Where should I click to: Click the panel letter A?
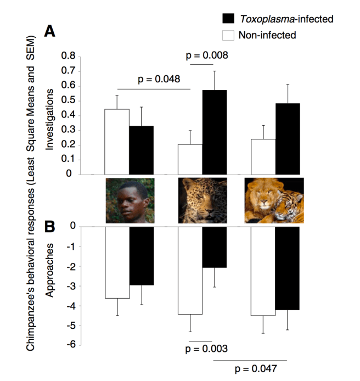pos(50,31)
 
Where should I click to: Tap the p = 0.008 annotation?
pos(207,55)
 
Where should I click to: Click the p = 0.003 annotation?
pos(207,349)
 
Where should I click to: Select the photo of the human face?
pos(130,200)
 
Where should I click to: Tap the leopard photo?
pos(202,200)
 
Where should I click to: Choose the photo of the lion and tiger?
pos(274,200)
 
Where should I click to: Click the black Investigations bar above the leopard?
pos(214,132)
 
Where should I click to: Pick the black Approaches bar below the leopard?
pos(214,247)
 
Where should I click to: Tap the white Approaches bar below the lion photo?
pos(262,271)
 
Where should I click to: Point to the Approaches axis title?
pos(50,270)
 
